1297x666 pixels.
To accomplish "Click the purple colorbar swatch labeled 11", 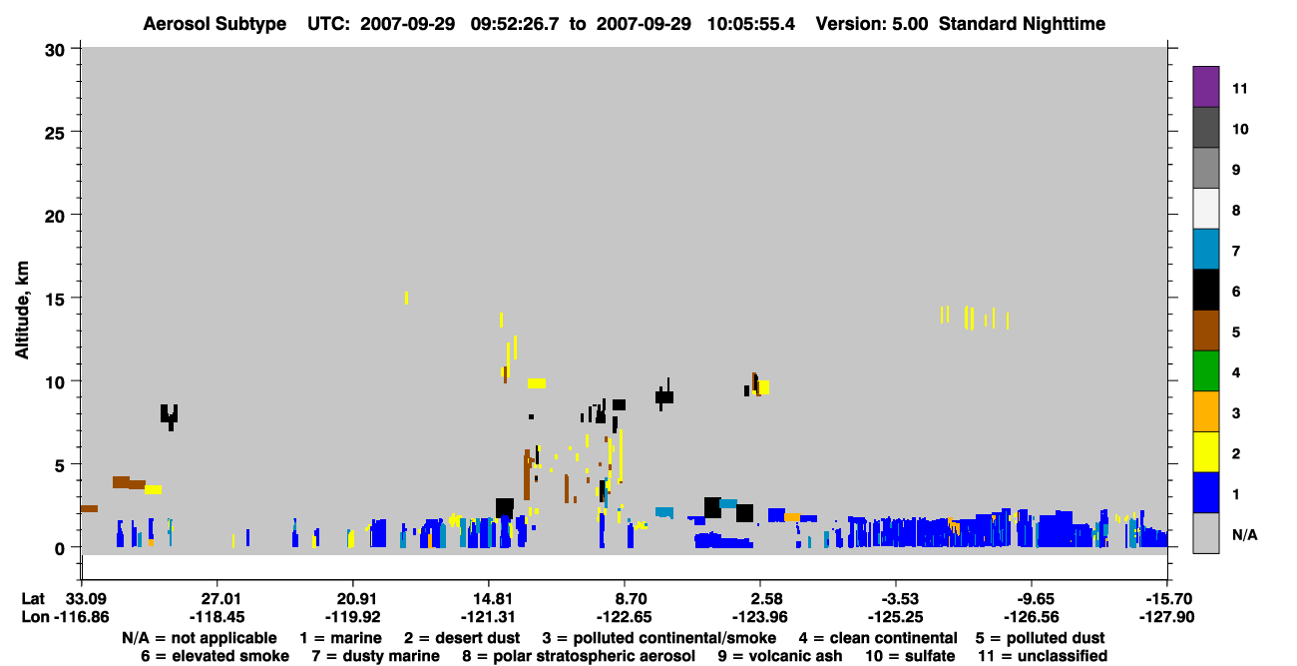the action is (x=1205, y=87).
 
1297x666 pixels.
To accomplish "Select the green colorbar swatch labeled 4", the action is (x=1205, y=371).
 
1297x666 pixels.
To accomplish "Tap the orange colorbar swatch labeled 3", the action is (x=1205, y=411).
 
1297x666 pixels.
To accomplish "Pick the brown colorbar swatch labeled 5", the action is (x=1205, y=331).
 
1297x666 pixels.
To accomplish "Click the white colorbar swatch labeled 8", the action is (x=1205, y=209).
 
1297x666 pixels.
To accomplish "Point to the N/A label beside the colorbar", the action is (x=1244, y=535).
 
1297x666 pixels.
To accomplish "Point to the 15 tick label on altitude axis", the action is (x=55, y=300).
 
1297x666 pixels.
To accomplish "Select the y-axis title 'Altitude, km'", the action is (x=22, y=311).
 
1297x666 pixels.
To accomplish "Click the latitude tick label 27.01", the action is (x=217, y=599).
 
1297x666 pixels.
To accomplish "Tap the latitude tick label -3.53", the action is (x=896, y=599).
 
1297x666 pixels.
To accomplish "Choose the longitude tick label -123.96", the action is (x=759, y=617).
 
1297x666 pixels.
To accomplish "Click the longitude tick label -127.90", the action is (x=1166, y=617).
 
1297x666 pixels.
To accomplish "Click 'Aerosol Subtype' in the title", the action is (x=215, y=24).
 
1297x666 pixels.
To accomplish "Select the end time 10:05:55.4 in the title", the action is (x=751, y=24).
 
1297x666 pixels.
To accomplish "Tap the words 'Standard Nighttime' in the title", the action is (x=1022, y=24).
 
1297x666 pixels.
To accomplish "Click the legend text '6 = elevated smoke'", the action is (x=215, y=656).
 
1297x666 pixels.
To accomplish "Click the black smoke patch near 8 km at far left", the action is (x=169, y=415).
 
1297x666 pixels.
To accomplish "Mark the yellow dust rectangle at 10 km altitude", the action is (x=537, y=383).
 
